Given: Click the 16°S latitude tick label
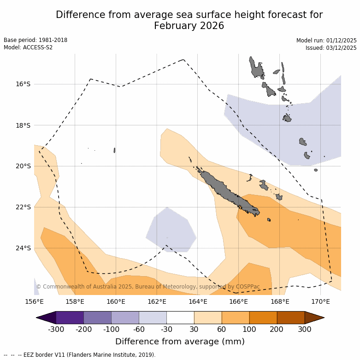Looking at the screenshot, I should pyautogui.click(x=23, y=84).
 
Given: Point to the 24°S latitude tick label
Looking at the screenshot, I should pyautogui.click(x=23, y=248).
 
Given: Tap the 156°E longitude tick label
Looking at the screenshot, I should pyautogui.click(x=34, y=302).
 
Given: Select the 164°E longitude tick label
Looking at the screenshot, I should pyautogui.click(x=198, y=302).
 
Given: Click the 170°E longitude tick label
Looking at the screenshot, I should pyautogui.click(x=320, y=302).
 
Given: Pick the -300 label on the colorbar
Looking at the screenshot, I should pyautogui.click(x=56, y=329).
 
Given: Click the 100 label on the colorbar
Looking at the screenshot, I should pyautogui.click(x=249, y=329).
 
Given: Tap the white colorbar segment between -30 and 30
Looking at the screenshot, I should pyautogui.click(x=180, y=318).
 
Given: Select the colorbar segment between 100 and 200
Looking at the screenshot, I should pyautogui.click(x=263, y=318).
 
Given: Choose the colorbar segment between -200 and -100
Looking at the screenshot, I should pyautogui.click(x=97, y=318).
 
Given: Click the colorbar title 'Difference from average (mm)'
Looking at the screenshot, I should pyautogui.click(x=180, y=342).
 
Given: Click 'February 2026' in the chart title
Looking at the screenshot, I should pyautogui.click(x=189, y=26).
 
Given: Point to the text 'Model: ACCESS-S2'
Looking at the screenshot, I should pyautogui.click(x=28, y=47).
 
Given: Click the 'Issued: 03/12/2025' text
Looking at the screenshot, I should pyautogui.click(x=331, y=47).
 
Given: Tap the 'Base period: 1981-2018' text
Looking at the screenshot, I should pyautogui.click(x=35, y=40).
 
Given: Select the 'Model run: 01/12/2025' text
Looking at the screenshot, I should pyautogui.click(x=326, y=40).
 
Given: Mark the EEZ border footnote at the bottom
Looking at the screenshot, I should pyautogui.click(x=80, y=355).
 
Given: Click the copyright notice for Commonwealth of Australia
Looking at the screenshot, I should pyautogui.click(x=148, y=287).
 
